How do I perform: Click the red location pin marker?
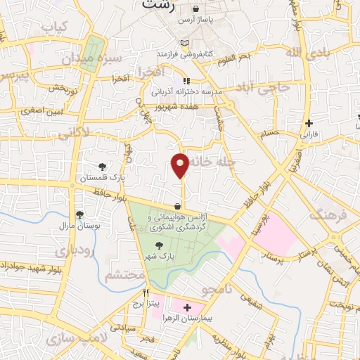point(180,165)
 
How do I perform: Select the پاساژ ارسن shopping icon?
point(196,8)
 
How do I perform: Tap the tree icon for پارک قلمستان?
point(103,167)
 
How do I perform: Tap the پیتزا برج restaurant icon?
point(146,292)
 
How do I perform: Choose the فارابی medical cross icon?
point(309,124)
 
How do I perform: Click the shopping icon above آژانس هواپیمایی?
point(176,206)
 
